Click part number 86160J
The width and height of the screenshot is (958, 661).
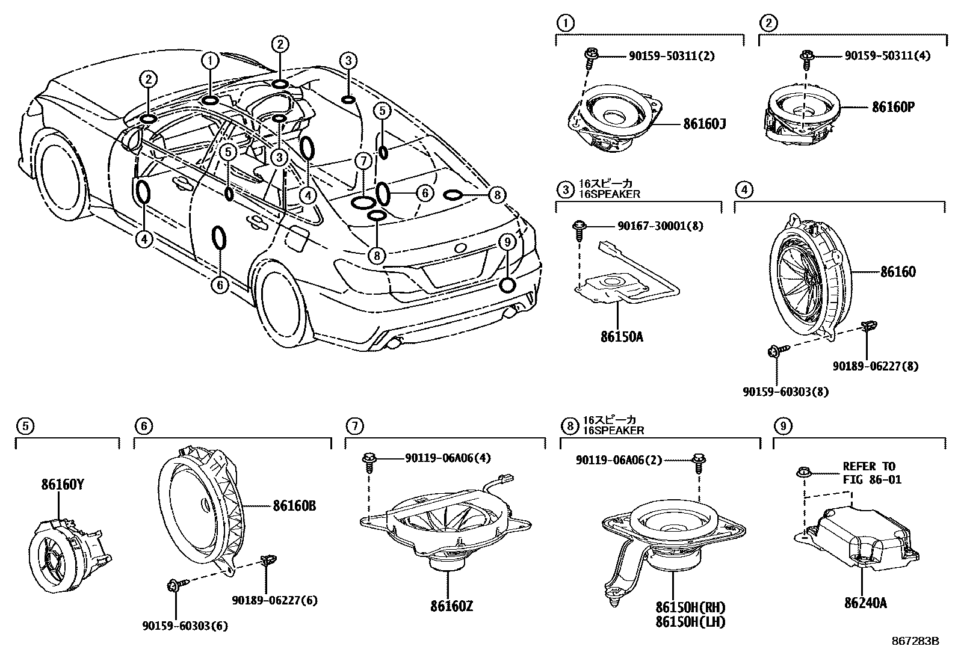coord(705,125)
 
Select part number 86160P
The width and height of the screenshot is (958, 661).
coord(893,107)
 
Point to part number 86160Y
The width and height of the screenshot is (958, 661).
coord(63,483)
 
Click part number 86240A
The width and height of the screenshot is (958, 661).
coord(861,603)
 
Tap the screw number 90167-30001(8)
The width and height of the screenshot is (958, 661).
coord(660,226)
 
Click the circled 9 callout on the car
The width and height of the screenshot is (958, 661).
coord(507,242)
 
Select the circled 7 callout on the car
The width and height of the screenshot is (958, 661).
coord(362,161)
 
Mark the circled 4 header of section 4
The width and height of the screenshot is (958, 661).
coord(744,190)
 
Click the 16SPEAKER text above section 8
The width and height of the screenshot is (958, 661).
coord(613,431)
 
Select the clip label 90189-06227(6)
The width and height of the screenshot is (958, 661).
coord(275,600)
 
